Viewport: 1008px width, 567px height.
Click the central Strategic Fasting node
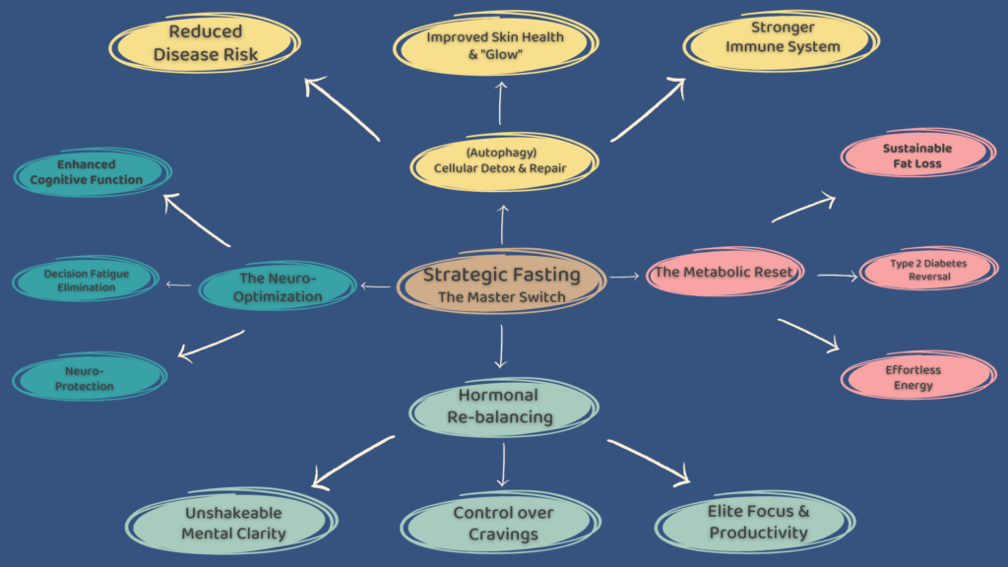coord(501,285)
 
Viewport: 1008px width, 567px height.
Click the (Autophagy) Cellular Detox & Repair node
coord(501,160)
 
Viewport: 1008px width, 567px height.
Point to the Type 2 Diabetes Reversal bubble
coord(927,270)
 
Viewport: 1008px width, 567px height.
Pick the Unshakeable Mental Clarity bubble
coord(233,523)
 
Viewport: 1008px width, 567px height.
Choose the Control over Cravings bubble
coord(503,523)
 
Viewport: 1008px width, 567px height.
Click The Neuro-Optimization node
coord(280,287)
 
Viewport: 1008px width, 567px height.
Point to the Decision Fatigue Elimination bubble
coord(86,281)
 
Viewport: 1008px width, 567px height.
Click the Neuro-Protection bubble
coord(90,378)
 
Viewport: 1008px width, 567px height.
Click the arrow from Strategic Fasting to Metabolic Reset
coord(624,278)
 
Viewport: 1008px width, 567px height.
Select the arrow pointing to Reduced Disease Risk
coord(342,108)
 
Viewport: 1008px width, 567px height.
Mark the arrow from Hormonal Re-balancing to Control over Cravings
coord(503,465)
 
